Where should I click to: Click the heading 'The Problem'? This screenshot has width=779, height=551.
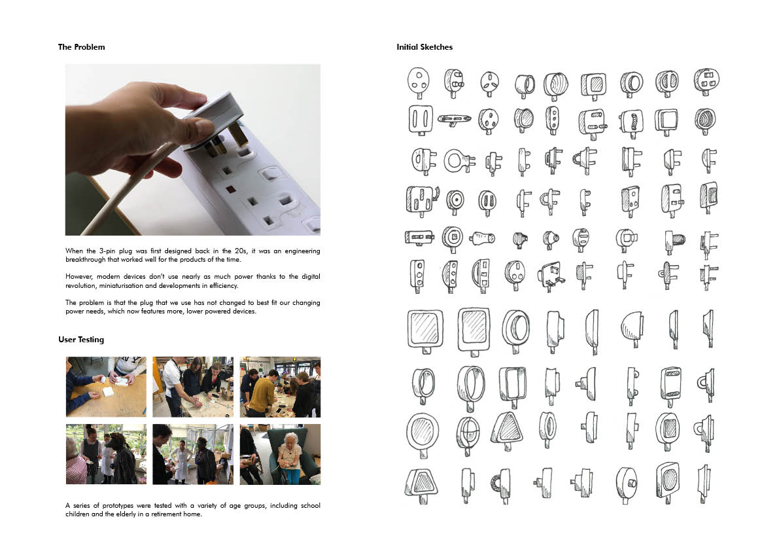(x=82, y=47)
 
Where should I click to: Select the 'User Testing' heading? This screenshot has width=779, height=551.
(x=82, y=340)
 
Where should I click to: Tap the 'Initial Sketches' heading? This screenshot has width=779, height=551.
(x=424, y=47)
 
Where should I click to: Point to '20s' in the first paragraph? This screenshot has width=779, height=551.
(x=241, y=251)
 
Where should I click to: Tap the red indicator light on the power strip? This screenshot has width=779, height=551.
(x=231, y=189)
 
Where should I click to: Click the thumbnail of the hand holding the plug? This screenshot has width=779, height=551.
(x=193, y=150)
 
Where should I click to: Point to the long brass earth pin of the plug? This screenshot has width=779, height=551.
(x=238, y=134)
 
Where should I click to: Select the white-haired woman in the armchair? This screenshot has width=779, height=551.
(x=288, y=457)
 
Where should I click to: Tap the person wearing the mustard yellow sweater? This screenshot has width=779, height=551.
(x=260, y=393)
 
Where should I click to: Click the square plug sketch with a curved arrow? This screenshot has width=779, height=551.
(x=423, y=200)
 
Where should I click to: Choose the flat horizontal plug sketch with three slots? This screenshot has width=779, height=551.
(x=454, y=119)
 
